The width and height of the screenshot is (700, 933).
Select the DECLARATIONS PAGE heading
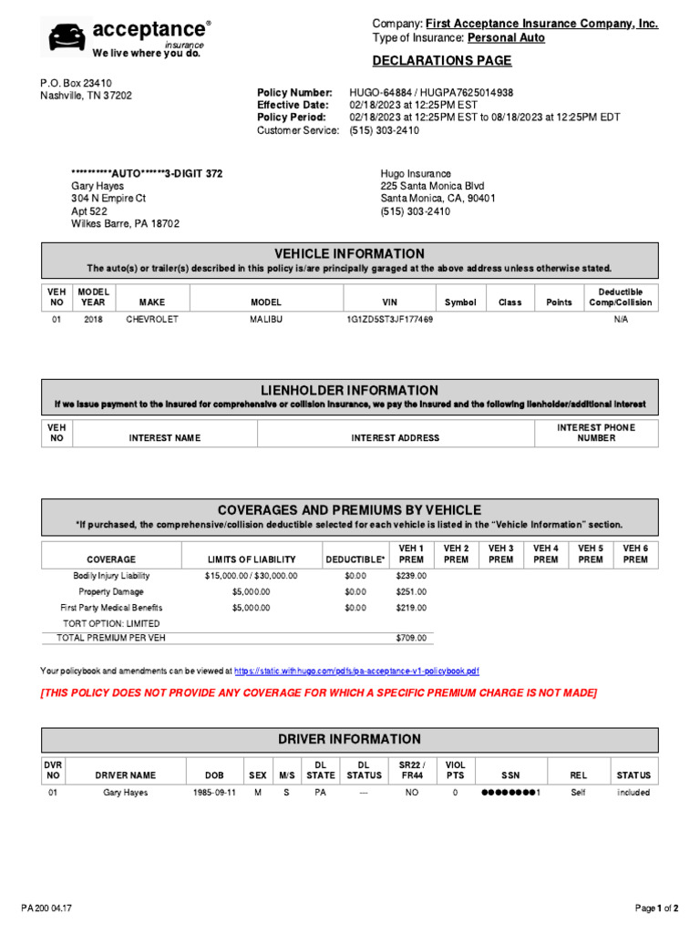click(442, 61)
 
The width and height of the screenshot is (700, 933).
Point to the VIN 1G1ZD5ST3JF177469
click(389, 321)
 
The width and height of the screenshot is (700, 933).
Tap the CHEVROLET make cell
click(152, 321)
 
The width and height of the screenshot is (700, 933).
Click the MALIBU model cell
click(266, 321)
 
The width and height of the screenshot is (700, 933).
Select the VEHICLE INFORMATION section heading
click(349, 253)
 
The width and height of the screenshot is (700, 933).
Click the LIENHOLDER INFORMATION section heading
click(349, 390)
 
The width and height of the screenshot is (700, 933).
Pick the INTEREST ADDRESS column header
click(395, 438)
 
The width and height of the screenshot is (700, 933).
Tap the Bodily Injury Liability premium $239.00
click(411, 576)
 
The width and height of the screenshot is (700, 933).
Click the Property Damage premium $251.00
click(411, 591)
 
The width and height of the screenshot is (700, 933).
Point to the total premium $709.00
click(411, 638)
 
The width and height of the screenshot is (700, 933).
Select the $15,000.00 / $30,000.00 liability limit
click(251, 576)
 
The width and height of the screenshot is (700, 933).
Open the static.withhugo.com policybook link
click(356, 672)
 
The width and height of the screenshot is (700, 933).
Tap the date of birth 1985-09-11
click(214, 793)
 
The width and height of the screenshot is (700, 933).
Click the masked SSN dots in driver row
click(510, 793)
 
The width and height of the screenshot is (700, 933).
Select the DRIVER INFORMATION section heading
click(349, 739)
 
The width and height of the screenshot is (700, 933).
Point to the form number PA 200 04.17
click(47, 908)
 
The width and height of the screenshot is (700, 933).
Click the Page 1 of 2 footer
click(656, 908)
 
